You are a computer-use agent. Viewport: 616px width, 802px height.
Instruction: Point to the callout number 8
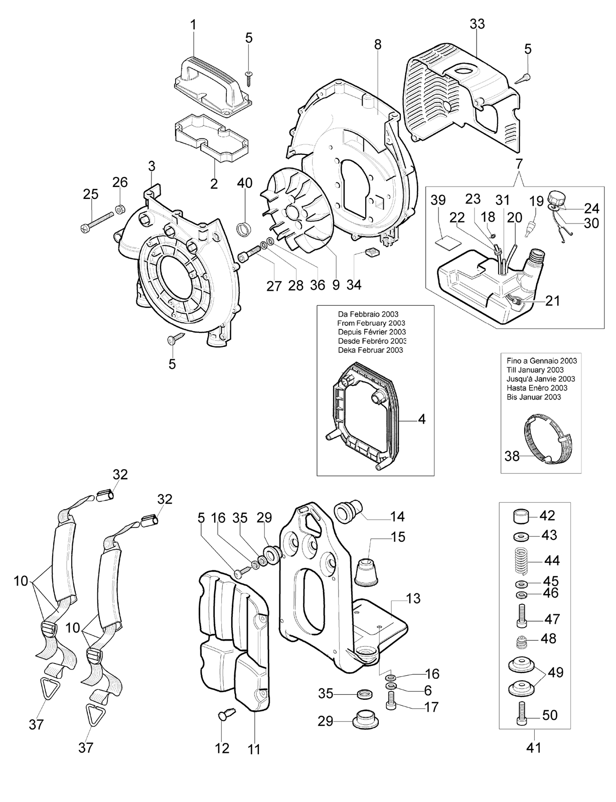click(377, 45)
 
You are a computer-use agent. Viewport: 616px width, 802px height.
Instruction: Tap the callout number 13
click(413, 598)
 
